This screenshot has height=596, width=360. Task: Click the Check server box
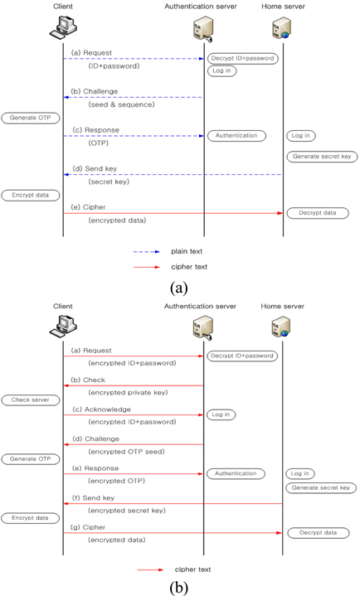(31, 400)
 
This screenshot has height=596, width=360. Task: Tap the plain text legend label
(187, 251)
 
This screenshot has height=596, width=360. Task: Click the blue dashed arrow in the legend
(147, 252)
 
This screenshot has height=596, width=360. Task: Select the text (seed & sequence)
(121, 104)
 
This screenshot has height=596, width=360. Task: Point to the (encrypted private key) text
(128, 392)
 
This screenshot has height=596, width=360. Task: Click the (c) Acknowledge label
(101, 409)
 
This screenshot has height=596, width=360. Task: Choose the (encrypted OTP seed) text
(126, 452)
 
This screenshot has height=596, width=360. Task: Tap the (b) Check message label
(89, 380)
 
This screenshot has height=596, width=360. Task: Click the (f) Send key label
(93, 498)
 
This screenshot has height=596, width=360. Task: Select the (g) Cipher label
(88, 527)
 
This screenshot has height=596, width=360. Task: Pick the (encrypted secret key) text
(127, 511)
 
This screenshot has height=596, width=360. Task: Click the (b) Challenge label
(95, 91)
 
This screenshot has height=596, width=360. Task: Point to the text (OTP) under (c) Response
(99, 143)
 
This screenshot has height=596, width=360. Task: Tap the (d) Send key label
(95, 168)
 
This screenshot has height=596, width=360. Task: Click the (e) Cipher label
(88, 207)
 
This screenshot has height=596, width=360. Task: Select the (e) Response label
(95, 468)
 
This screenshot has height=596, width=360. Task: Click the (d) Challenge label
(96, 439)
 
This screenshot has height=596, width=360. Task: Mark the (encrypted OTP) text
(116, 481)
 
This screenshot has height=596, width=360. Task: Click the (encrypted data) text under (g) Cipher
(117, 540)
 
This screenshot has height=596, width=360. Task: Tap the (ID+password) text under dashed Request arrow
(114, 65)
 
